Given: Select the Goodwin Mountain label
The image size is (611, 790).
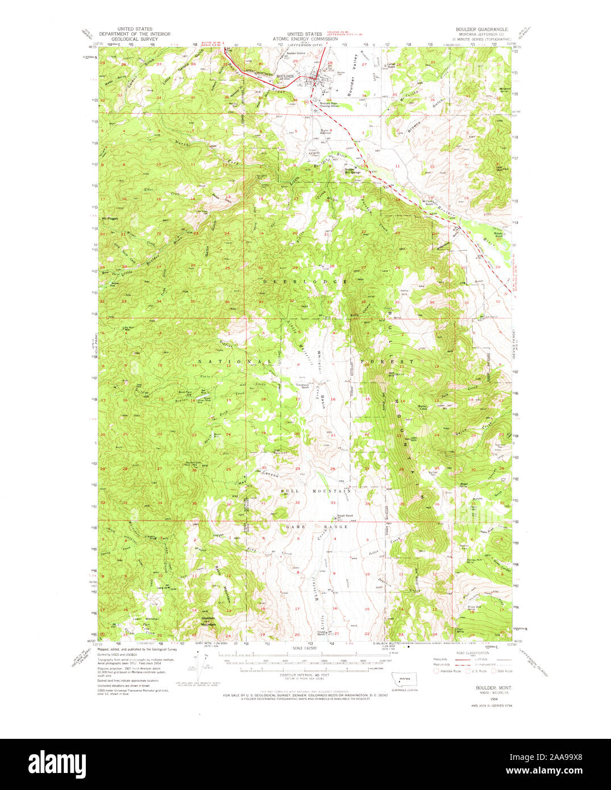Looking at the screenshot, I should pyautogui.click(x=208, y=622).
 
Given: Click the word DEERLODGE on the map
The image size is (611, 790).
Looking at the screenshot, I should pyautogui.click(x=305, y=282).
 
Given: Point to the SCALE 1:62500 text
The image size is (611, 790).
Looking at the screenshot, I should pyautogui.click(x=306, y=648).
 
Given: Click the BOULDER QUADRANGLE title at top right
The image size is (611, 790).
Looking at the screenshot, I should pyautogui.click(x=482, y=28).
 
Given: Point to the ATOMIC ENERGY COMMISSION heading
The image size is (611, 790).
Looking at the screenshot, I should pyautogui.click(x=305, y=39).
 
